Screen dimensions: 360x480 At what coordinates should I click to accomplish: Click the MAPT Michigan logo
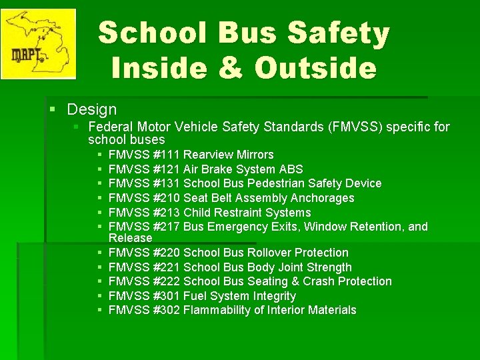(38, 43)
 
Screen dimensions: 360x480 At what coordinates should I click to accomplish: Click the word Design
(92, 109)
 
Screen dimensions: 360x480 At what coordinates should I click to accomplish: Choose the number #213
(167, 213)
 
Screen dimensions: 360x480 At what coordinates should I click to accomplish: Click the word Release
(130, 238)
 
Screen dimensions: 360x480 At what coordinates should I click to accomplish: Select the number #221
(167, 267)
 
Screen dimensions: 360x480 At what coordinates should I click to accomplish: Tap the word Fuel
(195, 296)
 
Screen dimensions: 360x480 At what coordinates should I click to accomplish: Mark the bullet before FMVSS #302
(98, 311)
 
